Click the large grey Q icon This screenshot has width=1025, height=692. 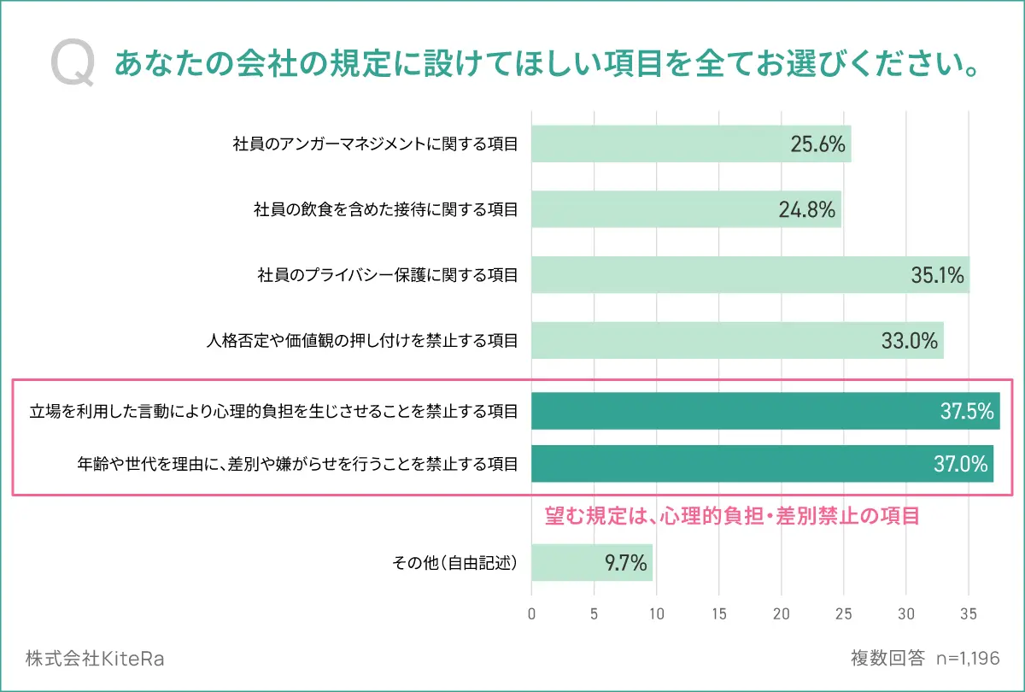[x=72, y=64]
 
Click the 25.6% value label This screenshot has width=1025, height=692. [x=817, y=144]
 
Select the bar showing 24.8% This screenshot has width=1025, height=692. [x=686, y=209]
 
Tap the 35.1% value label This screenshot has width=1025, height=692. [x=937, y=275]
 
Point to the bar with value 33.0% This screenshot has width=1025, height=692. [x=737, y=341]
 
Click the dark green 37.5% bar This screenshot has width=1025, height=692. [x=765, y=412]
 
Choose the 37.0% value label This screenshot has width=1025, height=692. [x=961, y=464]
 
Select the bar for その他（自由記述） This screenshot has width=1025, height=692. [x=592, y=563]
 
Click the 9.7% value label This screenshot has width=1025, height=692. [x=625, y=563]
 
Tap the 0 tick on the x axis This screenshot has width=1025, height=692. [x=532, y=613]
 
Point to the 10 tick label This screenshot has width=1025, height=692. [x=657, y=613]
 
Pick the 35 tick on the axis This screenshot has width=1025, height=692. [x=969, y=613]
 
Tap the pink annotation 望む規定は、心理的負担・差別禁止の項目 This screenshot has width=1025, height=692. [x=732, y=516]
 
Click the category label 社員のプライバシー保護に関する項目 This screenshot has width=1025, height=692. [x=388, y=276]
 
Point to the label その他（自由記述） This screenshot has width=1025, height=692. [x=454, y=563]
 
